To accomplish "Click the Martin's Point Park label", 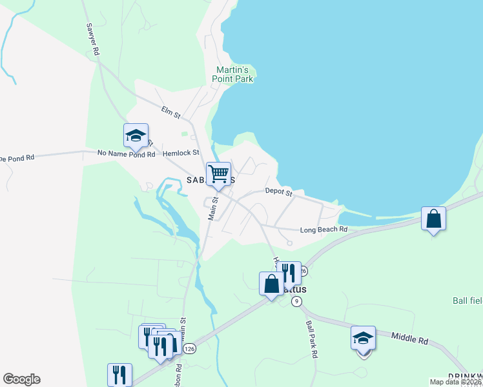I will click(x=232, y=74).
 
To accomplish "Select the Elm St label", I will click(x=169, y=110).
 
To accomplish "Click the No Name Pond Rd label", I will click(x=127, y=154).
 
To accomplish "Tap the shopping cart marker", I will click(x=218, y=174).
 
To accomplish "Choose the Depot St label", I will click(x=279, y=192).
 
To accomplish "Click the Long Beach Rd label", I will click(x=324, y=230).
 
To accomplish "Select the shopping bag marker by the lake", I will click(x=434, y=219).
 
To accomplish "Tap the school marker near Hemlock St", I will click(x=136, y=135).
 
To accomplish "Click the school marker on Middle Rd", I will click(x=363, y=338).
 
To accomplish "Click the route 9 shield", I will click(x=296, y=301).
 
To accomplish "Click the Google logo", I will click(x=21, y=379).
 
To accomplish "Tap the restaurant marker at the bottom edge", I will click(x=119, y=374).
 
